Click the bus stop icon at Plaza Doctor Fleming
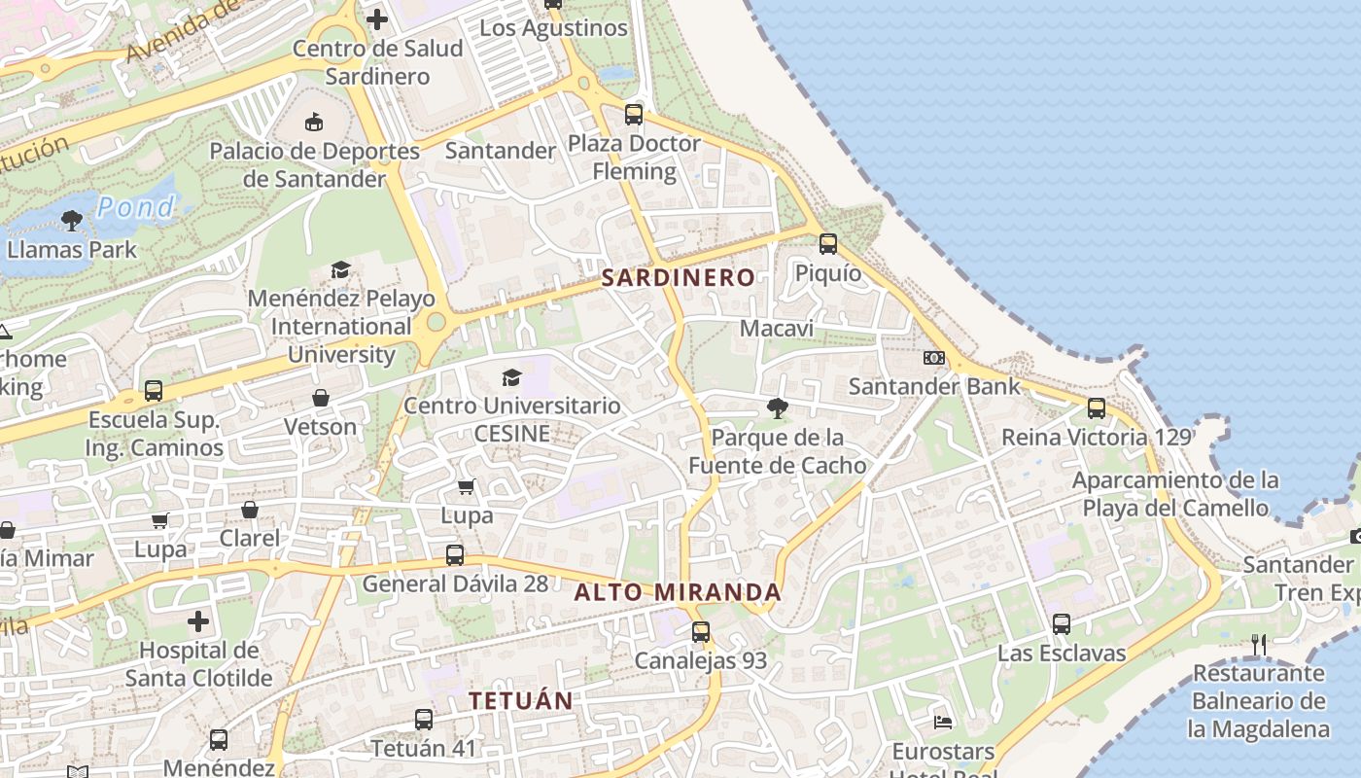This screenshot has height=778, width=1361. click(634, 115)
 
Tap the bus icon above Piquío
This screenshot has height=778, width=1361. click(828, 244)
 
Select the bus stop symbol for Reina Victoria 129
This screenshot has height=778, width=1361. click(1097, 408)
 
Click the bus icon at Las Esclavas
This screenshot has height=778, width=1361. click(1062, 624)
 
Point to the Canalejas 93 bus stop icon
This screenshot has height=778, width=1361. click(701, 632)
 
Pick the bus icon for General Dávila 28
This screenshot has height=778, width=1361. click(455, 555)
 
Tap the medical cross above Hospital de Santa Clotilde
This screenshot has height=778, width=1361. click(198, 621)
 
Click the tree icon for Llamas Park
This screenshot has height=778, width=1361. click(71, 221)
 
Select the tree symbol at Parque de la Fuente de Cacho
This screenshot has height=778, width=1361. click(777, 408)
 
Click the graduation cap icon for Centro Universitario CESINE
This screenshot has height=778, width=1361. click(511, 377)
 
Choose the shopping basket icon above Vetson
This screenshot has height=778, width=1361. click(321, 398)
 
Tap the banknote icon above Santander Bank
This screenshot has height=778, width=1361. click(934, 358)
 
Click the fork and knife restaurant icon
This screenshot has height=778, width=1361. click(1259, 644)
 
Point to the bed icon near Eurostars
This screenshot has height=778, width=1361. click(943, 722)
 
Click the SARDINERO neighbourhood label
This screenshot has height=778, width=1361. click(678, 277)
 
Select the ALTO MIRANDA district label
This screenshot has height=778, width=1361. click(678, 592)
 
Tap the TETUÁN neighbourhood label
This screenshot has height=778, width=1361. click(521, 700)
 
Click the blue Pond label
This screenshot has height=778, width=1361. click(137, 206)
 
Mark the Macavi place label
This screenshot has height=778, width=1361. click(777, 329)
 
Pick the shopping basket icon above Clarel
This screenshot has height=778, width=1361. click(250, 510)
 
